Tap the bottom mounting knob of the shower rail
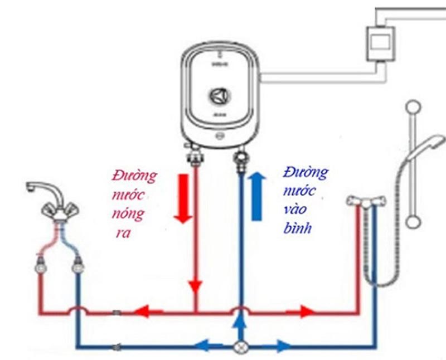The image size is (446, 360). point(413,222)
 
